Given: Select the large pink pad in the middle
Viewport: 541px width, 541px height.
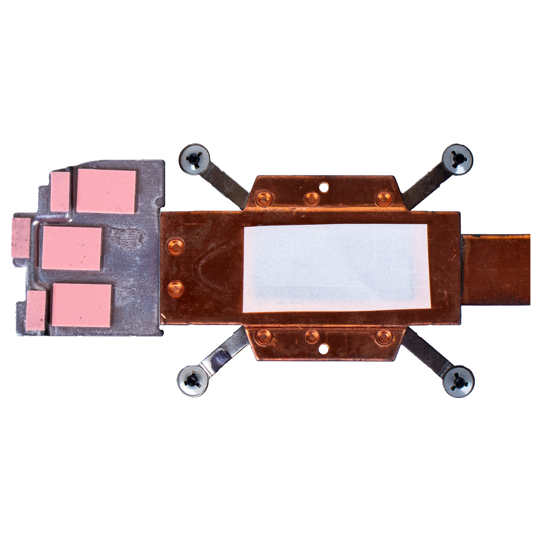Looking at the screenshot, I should pyautogui.click(x=72, y=248).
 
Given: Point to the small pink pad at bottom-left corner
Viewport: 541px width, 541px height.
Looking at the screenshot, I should pyautogui.click(x=36, y=310).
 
